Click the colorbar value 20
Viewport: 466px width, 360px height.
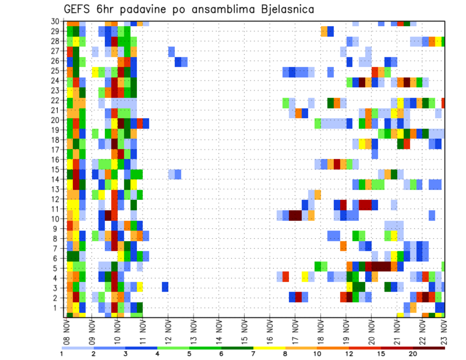(x=413, y=354)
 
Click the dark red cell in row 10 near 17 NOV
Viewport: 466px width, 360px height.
(x=295, y=215)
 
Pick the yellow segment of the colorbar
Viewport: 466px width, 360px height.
(x=269, y=348)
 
